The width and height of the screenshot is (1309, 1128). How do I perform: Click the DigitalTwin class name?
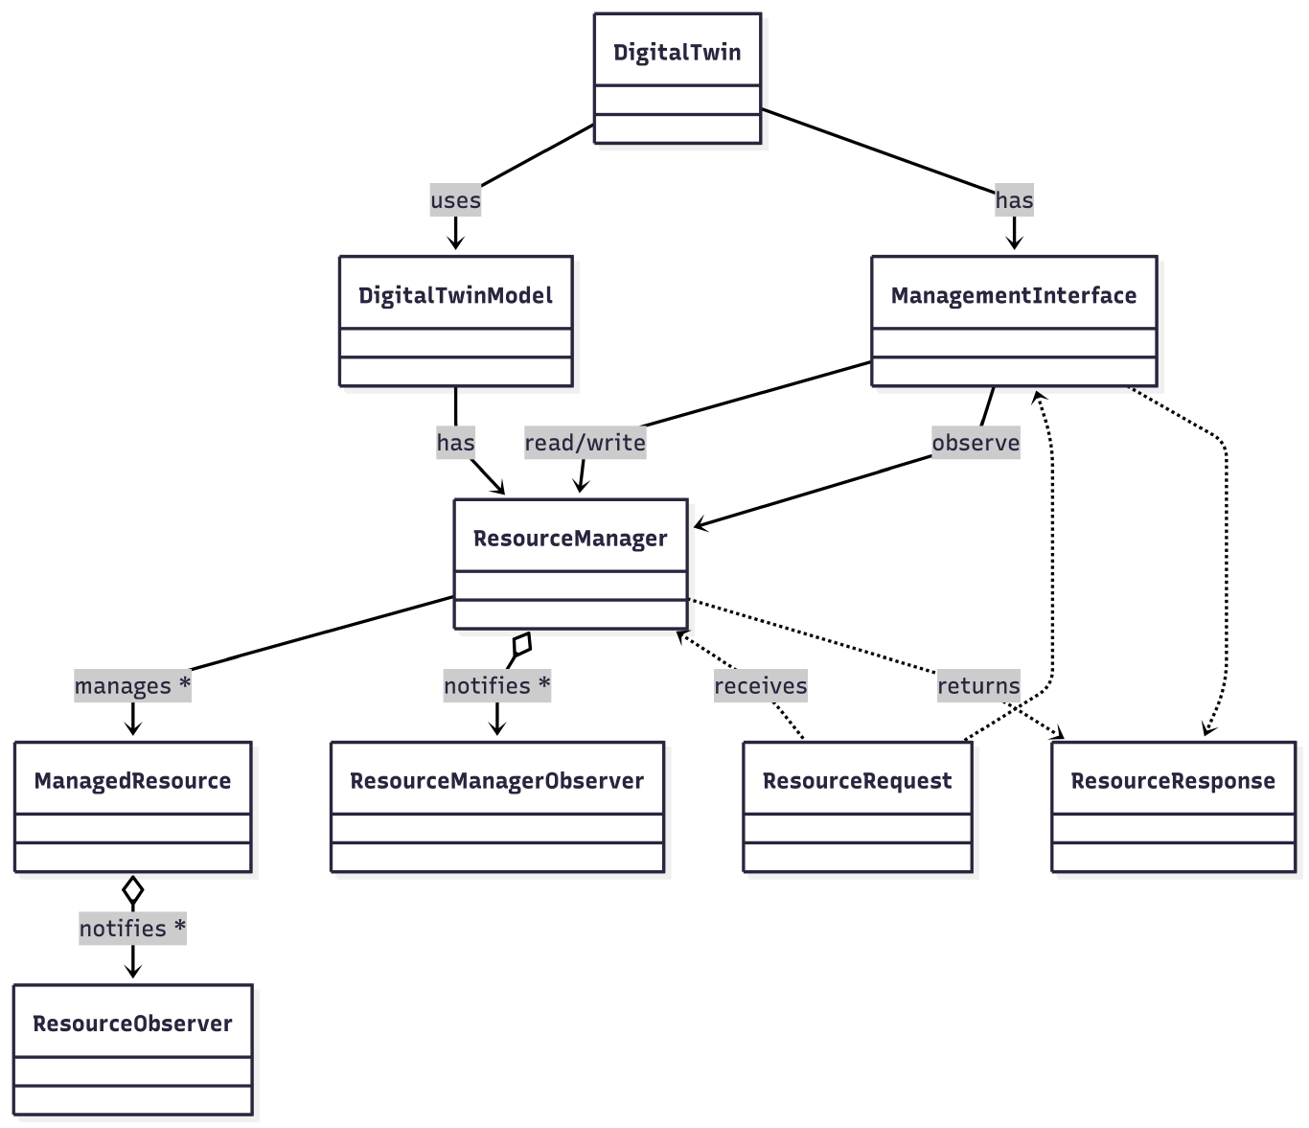coord(677,52)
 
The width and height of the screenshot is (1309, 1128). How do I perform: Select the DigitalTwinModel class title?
coord(455,295)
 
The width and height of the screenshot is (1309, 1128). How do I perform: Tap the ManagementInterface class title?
coord(1013,295)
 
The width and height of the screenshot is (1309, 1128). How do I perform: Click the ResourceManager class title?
coord(570,538)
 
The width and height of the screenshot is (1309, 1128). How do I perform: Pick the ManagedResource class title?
coord(132,780)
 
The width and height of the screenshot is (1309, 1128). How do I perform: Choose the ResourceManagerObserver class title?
coord(496,780)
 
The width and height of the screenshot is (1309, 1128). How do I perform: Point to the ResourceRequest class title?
coord(857,780)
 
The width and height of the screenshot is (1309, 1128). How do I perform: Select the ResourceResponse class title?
coord(1172,780)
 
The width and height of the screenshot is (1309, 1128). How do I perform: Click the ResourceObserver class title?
coord(132,1024)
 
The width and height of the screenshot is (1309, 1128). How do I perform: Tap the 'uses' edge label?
coord(455,200)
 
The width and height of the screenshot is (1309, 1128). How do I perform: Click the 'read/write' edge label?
coord(585,443)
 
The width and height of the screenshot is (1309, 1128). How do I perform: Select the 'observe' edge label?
coord(976,443)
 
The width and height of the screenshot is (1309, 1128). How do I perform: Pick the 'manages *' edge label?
coord(132,686)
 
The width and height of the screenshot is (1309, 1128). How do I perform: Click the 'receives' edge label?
coord(760,686)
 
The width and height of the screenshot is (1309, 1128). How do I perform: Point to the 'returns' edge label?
coord(978,686)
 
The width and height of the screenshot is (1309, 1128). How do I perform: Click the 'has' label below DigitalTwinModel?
coord(455,443)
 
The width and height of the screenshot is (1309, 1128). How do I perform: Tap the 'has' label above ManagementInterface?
coord(1014,200)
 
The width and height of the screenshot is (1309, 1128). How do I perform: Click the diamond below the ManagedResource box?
coord(133,890)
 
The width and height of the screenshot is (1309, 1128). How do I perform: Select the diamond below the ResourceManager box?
coord(521,644)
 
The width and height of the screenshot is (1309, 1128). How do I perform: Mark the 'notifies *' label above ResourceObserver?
coord(132,929)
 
